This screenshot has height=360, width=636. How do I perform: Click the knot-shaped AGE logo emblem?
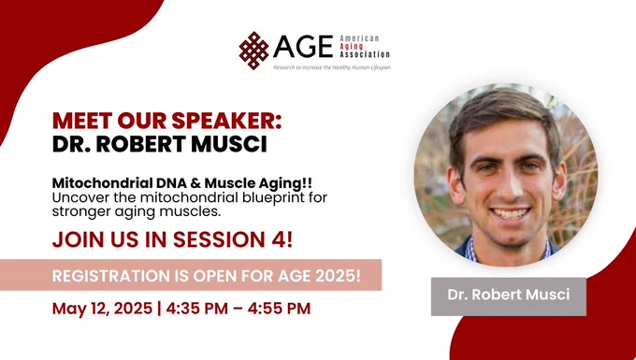click(x=253, y=50)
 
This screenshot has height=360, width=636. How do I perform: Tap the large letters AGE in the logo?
click(x=303, y=47)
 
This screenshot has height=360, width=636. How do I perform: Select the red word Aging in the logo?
click(x=352, y=46)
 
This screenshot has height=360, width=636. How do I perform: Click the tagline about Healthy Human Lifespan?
click(x=332, y=67)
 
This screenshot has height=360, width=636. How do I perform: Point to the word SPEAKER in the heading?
click(x=226, y=121)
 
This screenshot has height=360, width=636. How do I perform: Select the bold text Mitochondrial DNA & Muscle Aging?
click(x=182, y=183)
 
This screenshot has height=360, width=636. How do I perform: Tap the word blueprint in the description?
click(x=267, y=198)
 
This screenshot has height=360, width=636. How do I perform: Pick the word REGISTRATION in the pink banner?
click(x=111, y=276)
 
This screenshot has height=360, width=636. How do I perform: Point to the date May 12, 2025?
click(x=102, y=309)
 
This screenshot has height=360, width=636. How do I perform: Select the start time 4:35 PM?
click(x=196, y=309)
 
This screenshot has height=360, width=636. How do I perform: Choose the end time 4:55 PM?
click(x=279, y=309)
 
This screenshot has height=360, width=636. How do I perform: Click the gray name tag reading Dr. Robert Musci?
click(x=509, y=296)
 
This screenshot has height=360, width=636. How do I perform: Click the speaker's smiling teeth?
click(x=511, y=213)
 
